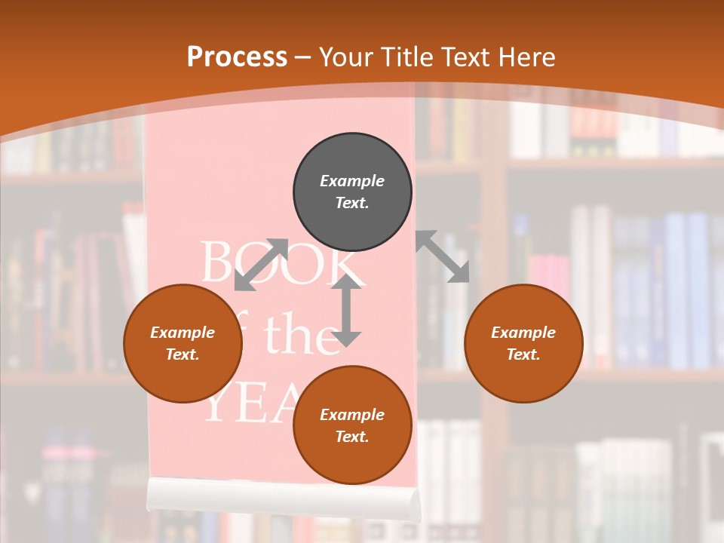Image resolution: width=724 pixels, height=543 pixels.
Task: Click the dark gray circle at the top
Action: (352, 192)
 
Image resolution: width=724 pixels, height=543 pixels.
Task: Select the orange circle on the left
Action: (183, 343)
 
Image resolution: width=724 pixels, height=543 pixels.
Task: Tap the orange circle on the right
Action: (523, 343)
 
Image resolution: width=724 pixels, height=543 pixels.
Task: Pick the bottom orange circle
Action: (352, 425)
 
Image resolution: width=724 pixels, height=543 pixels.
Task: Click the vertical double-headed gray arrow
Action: (346, 311)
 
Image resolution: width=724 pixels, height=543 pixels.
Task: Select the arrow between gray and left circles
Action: (261, 265)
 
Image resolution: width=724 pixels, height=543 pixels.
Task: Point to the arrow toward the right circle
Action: (443, 257)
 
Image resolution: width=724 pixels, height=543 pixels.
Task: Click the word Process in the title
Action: (237, 57)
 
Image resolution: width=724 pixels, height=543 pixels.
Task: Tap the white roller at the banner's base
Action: (284, 498)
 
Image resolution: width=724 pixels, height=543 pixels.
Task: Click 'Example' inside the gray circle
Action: (352, 181)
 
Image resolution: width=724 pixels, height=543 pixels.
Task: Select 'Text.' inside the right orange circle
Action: (523, 354)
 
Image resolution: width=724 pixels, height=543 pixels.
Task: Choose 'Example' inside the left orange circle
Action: (183, 333)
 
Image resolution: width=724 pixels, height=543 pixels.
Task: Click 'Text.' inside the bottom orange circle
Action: (352, 437)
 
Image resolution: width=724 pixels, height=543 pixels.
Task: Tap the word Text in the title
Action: (464, 57)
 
